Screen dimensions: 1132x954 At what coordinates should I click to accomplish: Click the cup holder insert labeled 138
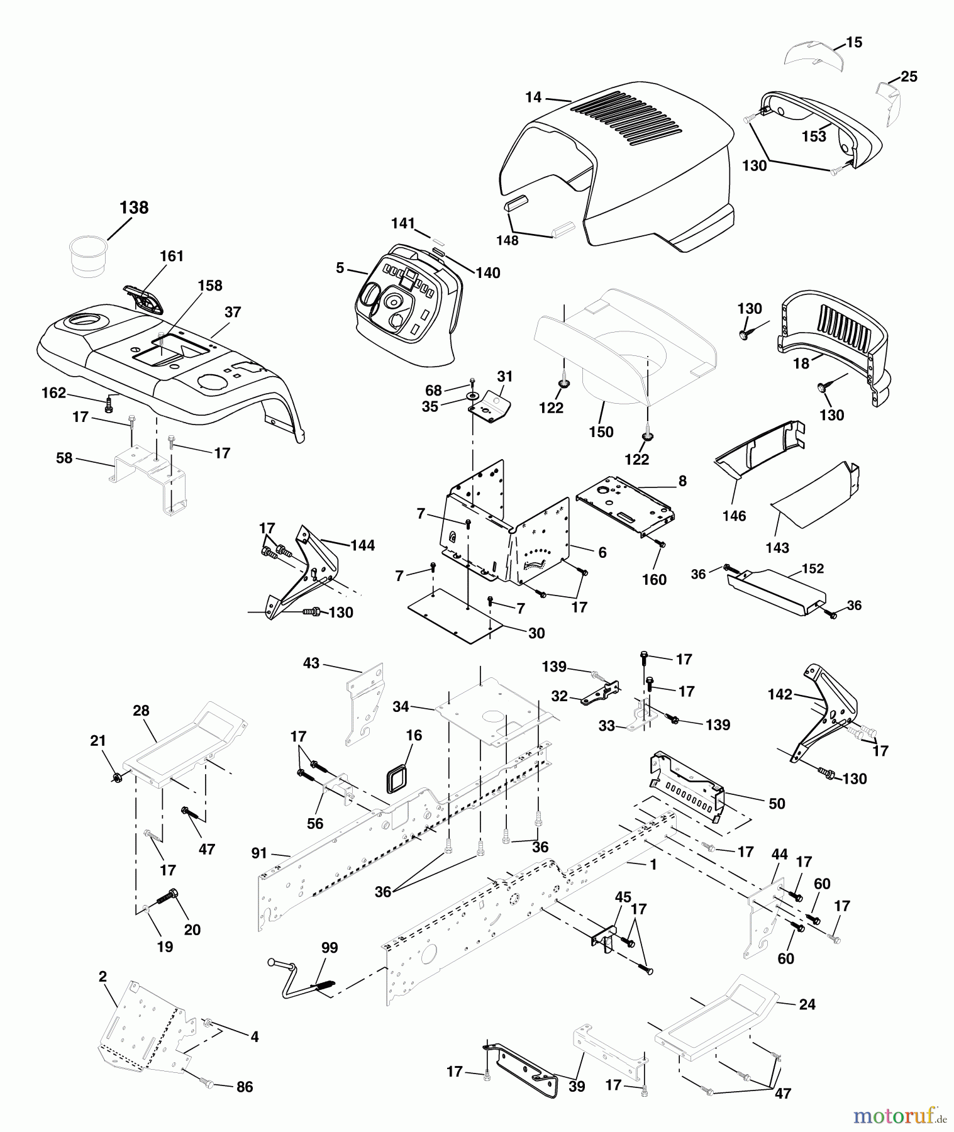click(88, 256)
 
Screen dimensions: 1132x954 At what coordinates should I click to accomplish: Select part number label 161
click(172, 256)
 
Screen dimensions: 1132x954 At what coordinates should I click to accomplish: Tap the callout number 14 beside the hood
click(533, 97)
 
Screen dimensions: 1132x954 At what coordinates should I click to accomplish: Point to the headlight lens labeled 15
click(806, 55)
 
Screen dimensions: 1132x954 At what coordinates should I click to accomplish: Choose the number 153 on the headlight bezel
click(814, 136)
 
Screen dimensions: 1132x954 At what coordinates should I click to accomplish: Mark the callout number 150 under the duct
click(601, 432)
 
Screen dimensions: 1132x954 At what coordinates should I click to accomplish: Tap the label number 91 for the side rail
click(259, 853)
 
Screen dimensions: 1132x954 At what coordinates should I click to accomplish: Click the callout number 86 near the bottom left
click(244, 1087)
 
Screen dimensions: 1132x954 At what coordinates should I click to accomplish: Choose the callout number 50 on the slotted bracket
click(777, 804)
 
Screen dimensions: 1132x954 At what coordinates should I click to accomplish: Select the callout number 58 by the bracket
click(64, 458)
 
